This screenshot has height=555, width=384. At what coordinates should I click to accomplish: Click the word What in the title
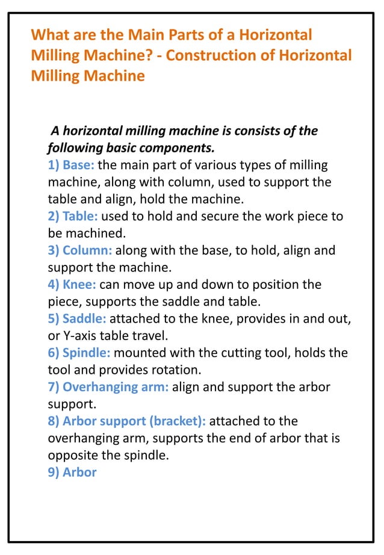50,34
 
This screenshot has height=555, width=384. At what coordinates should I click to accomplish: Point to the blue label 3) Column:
79,250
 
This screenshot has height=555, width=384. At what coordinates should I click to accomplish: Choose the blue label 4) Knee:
72,284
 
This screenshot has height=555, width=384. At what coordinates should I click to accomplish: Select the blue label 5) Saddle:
76,318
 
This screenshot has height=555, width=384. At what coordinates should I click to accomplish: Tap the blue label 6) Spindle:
79,353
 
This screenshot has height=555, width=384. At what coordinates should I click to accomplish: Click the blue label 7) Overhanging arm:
108,387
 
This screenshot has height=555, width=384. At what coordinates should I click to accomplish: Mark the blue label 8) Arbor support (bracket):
126,421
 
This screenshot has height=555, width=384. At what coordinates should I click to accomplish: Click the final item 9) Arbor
72,472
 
